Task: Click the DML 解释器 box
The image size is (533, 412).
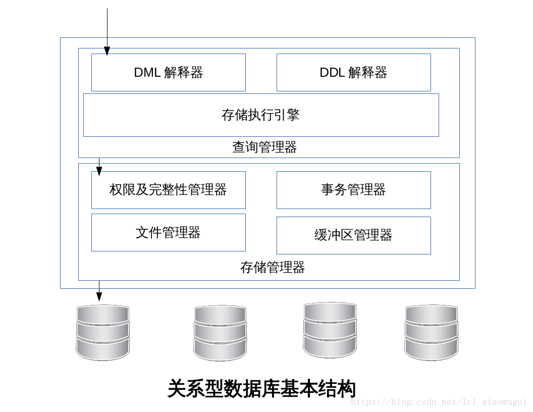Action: pyautogui.click(x=168, y=72)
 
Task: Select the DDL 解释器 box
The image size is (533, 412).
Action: pyautogui.click(x=353, y=72)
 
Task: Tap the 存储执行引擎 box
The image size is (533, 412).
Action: pyautogui.click(x=260, y=115)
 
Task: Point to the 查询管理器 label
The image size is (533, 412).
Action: pyautogui.click(x=264, y=147)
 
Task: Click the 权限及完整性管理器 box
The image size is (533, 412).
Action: pyautogui.click(x=168, y=190)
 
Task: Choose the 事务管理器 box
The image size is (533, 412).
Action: pyautogui.click(x=353, y=190)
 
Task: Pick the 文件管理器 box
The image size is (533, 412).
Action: pyautogui.click(x=168, y=232)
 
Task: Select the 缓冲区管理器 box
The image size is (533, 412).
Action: pyautogui.click(x=353, y=235)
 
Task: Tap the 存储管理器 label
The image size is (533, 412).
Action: pyautogui.click(x=273, y=267)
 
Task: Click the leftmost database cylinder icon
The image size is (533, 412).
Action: pyautogui.click(x=103, y=332)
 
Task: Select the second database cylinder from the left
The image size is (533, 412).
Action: pyautogui.click(x=220, y=333)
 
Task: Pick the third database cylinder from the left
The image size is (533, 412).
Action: pyautogui.click(x=330, y=330)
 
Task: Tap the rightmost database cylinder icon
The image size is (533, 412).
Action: pyautogui.click(x=432, y=332)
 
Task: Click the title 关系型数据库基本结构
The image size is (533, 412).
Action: pyautogui.click(x=261, y=389)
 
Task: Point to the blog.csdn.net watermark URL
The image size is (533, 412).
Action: pyautogui.click(x=439, y=402)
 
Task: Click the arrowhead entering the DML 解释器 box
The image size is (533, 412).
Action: pyautogui.click(x=107, y=50)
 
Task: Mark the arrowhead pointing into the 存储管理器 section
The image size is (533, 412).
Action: pyautogui.click(x=99, y=172)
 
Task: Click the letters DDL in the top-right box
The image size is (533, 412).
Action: pyautogui.click(x=331, y=72)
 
